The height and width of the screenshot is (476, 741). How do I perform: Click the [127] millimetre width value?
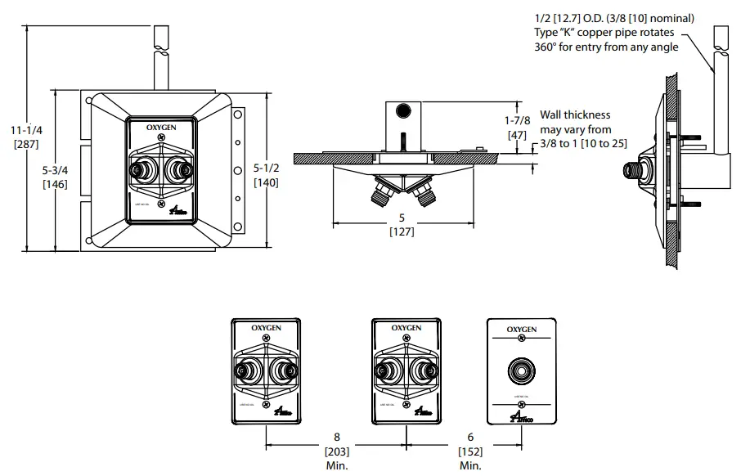click(x=402, y=231)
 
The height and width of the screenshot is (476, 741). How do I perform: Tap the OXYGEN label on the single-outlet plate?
click(x=521, y=330)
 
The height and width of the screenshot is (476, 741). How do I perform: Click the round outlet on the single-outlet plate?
click(x=521, y=371)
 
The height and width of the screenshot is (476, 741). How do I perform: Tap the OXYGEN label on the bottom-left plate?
click(x=267, y=327)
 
